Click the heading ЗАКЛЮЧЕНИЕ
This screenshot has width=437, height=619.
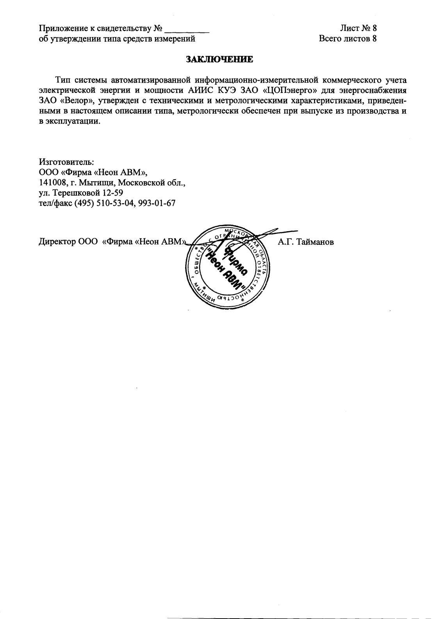(x=219, y=59)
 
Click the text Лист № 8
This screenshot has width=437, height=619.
(x=358, y=28)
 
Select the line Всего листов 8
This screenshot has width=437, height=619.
(x=348, y=38)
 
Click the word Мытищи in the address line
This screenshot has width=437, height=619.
(x=96, y=182)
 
